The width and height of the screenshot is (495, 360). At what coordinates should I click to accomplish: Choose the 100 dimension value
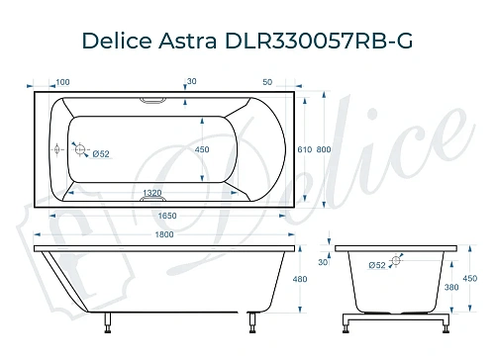click(62, 81)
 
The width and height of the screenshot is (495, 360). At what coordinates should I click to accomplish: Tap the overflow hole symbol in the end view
click(397, 261)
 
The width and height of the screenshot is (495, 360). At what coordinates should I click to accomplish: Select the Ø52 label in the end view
click(377, 265)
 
